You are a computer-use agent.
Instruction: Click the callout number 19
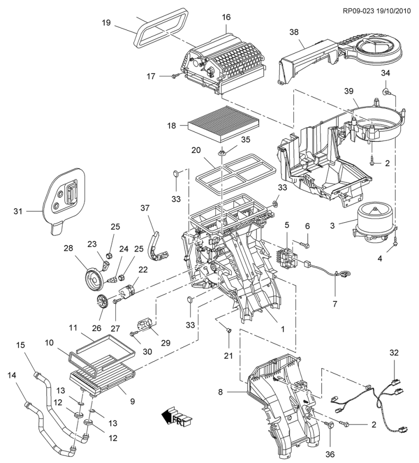[x=106, y=22]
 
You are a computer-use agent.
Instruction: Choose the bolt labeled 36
[x=330, y=426]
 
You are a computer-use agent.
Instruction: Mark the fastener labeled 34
[x=386, y=91]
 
